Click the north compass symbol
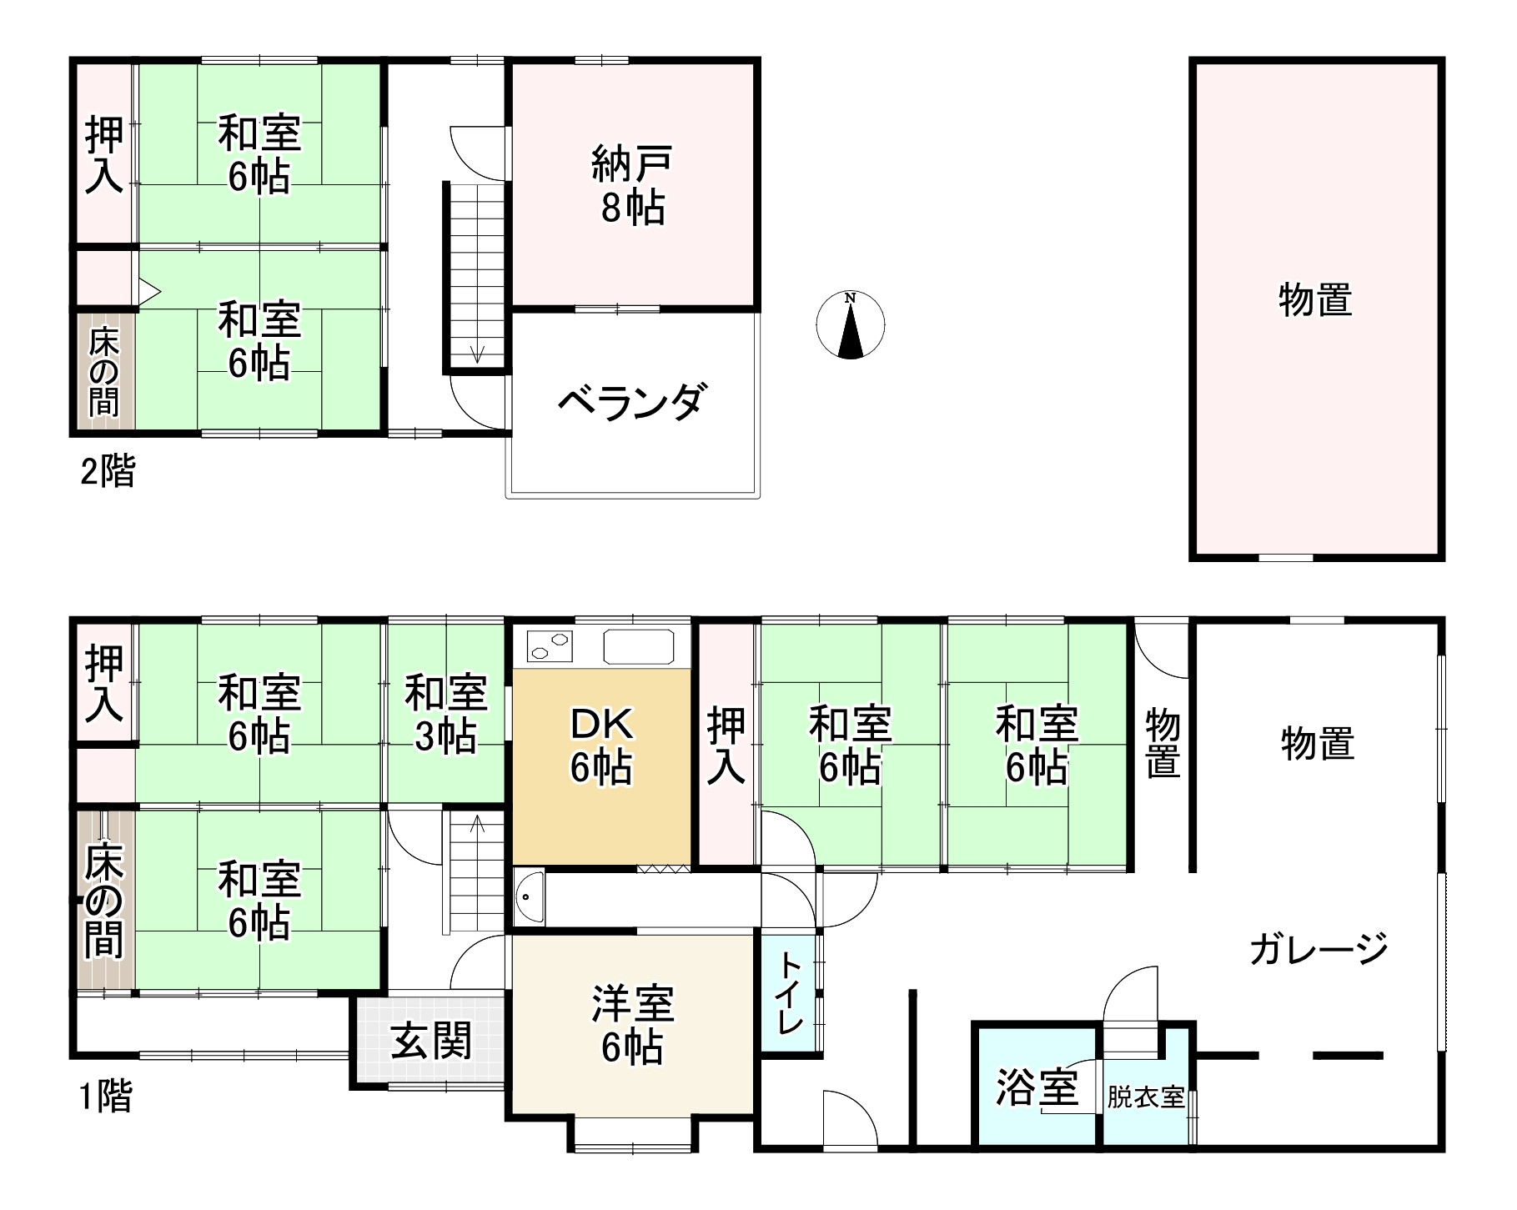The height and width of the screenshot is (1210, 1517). [x=850, y=325]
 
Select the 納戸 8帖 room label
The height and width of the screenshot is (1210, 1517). [x=632, y=184]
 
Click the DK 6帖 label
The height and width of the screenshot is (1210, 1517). [x=601, y=746]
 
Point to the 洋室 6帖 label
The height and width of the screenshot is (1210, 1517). [x=632, y=1025]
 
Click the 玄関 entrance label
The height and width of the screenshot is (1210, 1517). [x=431, y=1041]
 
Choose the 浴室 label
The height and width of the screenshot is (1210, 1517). [x=1037, y=1087]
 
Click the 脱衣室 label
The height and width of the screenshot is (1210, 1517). [x=1146, y=1097]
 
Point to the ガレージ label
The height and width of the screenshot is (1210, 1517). [x=1319, y=949]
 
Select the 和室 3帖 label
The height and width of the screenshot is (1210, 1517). [x=445, y=715]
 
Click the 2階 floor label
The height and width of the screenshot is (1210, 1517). [x=107, y=473]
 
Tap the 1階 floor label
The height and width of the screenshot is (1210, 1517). [x=105, y=1097]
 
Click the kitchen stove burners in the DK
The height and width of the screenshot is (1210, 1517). [x=550, y=645]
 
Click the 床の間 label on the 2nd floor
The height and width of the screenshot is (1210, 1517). [x=104, y=373]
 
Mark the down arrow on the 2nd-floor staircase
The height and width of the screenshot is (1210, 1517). [x=477, y=353]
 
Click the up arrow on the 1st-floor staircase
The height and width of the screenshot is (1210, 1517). [x=477, y=825]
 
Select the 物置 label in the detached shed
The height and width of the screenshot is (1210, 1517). [x=1315, y=300]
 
